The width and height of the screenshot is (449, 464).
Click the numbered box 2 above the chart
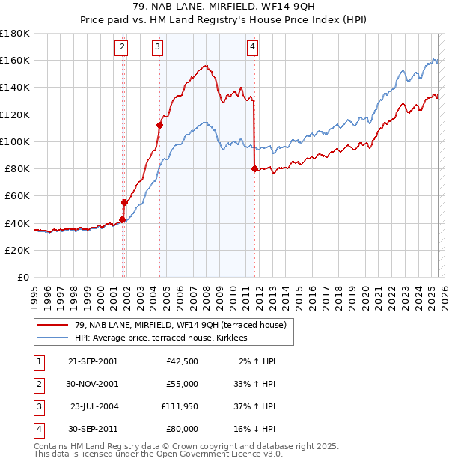122,47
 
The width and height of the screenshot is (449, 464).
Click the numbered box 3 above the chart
158,47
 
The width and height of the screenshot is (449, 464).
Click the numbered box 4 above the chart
253,47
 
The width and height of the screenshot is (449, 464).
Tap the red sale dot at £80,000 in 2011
254,168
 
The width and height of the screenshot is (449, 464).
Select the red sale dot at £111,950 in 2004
159,125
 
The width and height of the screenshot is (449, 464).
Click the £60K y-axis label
17,195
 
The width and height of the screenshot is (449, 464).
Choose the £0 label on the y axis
22,277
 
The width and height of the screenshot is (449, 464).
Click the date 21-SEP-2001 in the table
93,361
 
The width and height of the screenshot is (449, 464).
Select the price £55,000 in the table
181,384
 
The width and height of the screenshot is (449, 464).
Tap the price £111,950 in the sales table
178,406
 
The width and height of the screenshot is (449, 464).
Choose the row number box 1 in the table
37,361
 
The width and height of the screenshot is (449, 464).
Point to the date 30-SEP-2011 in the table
93,429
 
